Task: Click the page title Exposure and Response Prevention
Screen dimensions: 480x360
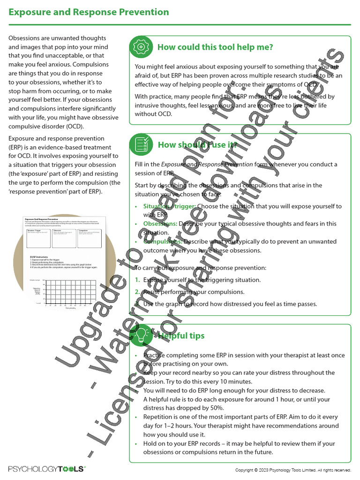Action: (x=89, y=12)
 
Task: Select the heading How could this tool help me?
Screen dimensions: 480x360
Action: (x=215, y=47)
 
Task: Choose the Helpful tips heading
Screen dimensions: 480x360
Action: (x=181, y=336)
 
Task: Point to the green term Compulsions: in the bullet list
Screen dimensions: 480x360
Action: (x=163, y=241)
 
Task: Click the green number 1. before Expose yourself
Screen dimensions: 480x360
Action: (x=137, y=280)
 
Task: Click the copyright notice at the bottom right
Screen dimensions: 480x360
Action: (x=292, y=470)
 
